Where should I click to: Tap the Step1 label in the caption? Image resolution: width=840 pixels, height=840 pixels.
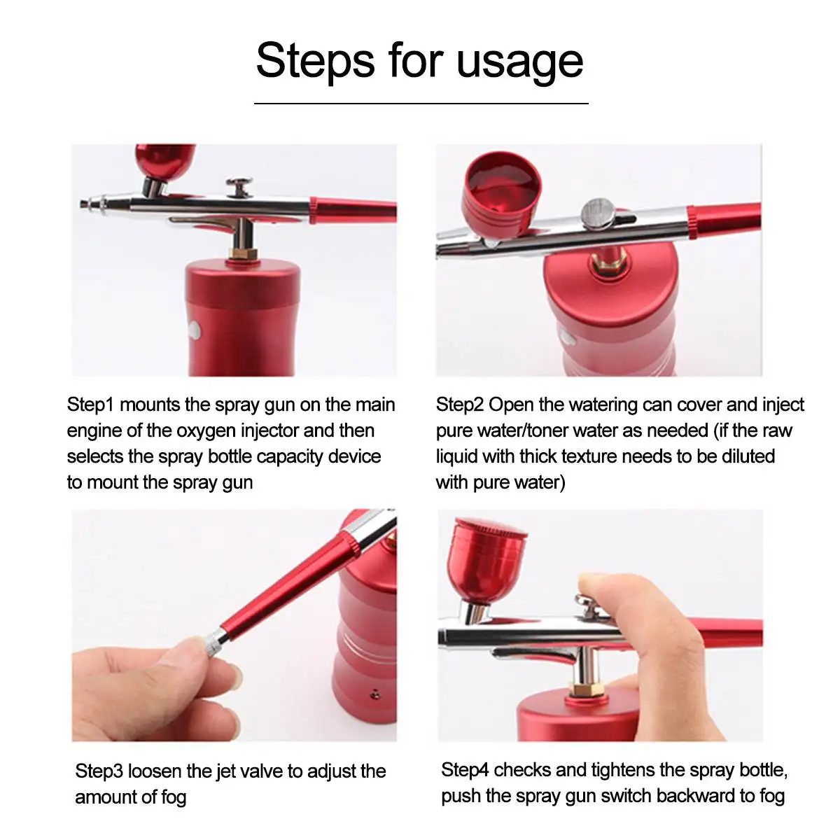point(90,405)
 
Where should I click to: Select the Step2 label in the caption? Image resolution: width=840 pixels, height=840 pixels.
point(459,405)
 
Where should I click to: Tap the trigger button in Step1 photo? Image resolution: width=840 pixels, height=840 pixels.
point(239,187)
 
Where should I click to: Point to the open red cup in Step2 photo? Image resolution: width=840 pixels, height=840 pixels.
point(501,192)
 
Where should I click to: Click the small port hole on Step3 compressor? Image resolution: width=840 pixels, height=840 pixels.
point(374,693)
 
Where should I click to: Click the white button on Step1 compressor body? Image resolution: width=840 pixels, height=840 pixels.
point(195,330)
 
